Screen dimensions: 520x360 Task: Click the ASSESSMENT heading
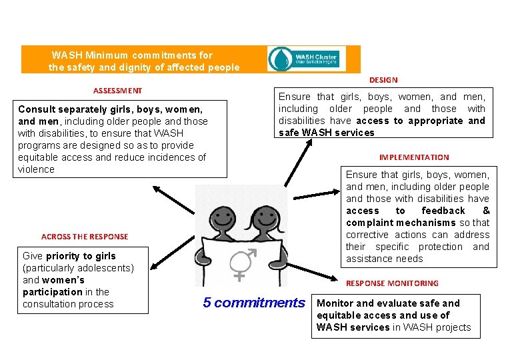coord(117,90)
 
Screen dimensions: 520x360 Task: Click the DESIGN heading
coord(383,80)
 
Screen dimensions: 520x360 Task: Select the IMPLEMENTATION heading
coord(414,157)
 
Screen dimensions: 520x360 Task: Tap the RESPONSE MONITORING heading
coord(392,283)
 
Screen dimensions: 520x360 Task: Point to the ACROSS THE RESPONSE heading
coord(85,237)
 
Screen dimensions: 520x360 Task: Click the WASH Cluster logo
coord(307,59)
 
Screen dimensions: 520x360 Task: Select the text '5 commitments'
coord(254,303)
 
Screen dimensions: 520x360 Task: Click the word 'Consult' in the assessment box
coord(37,109)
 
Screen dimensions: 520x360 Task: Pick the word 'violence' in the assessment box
coord(37,169)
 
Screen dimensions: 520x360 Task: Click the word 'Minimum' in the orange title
coord(107,55)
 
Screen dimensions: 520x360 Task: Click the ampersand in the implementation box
coord(486,211)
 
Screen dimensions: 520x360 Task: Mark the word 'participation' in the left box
coord(52,292)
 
